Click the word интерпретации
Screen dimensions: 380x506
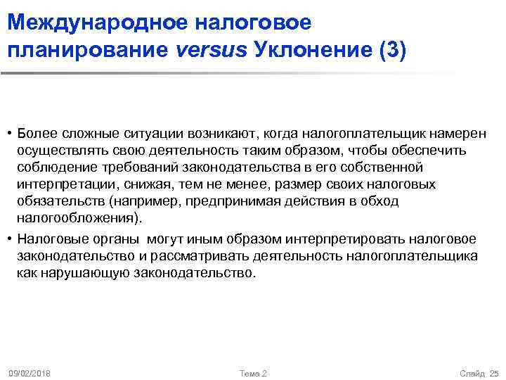click(x=62, y=184)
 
